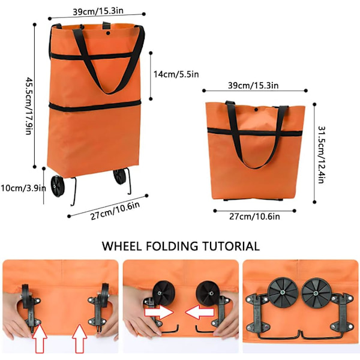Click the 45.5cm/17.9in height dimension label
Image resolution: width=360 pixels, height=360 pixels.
tap(29, 106)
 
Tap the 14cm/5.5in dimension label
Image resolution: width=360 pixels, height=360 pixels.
tap(176, 74)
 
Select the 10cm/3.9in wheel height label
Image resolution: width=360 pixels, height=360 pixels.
tap(23, 188)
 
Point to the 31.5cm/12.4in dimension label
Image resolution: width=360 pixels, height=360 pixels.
tap(321, 155)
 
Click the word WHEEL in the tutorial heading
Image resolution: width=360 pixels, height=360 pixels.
tap(122, 246)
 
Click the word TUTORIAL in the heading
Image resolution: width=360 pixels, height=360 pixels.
tap(231, 246)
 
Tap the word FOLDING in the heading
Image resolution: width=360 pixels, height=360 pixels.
tap(172, 246)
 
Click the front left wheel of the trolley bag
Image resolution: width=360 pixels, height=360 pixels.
tap(58, 186)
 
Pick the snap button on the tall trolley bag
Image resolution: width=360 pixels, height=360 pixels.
tap(108, 33)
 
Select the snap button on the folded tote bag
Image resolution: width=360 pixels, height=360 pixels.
tap(256, 110)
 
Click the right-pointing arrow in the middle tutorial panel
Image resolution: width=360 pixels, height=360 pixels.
tap(158, 312)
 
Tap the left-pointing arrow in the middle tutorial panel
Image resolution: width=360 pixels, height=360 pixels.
tap(199, 312)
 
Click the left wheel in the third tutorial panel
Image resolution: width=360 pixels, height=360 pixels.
tap(283, 293)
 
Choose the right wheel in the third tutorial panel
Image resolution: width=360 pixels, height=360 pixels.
tap(316, 293)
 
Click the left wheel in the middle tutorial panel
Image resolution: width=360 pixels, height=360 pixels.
tap(163, 293)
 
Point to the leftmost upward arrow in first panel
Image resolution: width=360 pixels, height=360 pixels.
tap(40, 338)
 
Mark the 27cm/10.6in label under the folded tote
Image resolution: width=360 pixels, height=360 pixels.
tap(254, 217)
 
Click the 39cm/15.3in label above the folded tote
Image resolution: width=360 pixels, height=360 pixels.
tap(253, 86)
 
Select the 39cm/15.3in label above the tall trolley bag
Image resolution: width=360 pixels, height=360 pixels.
tap(98, 11)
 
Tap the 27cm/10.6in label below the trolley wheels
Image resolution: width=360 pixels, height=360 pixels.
tap(115, 211)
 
